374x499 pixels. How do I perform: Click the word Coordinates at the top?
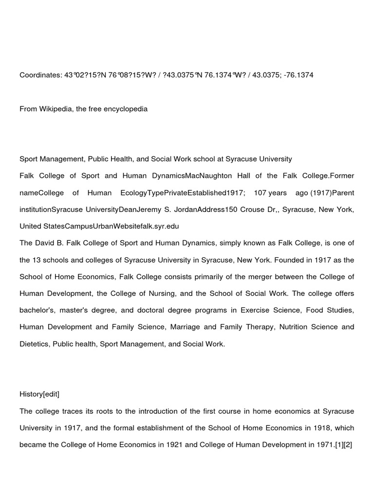tap(40, 75)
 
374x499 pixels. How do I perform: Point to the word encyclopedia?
tap(126, 109)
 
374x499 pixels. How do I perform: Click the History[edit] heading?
tap(39, 394)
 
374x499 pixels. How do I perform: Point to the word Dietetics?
tap(35, 344)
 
